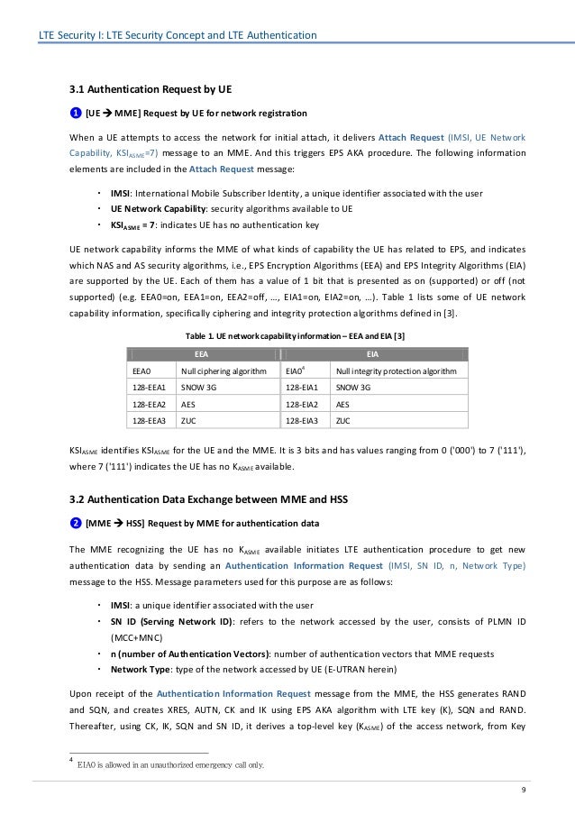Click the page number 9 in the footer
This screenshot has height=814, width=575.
(524, 791)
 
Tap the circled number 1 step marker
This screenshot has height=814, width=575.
(75, 114)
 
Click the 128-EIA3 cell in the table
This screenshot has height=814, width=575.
(302, 420)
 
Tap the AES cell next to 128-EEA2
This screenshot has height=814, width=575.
(189, 404)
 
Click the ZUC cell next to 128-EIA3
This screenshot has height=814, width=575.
(342, 420)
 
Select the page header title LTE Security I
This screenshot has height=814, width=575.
(176, 35)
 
